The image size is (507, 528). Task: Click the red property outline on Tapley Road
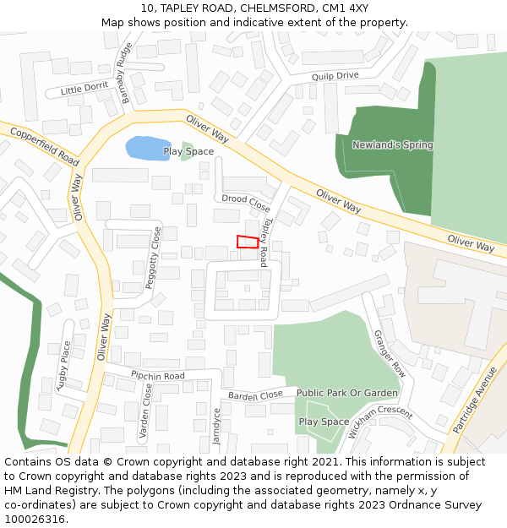pyautogui.click(x=247, y=242)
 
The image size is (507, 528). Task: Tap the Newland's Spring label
pyautogui.click(x=392, y=145)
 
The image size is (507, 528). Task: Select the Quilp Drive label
pyautogui.click(x=335, y=76)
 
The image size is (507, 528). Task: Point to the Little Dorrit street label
pyautogui.click(x=84, y=88)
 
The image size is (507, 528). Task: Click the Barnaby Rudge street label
pyautogui.click(x=127, y=73)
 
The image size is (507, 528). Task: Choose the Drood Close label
pyautogui.click(x=246, y=203)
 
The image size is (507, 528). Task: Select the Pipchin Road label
pyautogui.click(x=157, y=375)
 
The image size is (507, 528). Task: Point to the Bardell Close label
pyautogui.click(x=255, y=395)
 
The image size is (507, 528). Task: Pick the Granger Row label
pyautogui.click(x=390, y=353)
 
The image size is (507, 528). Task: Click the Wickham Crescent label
pyautogui.click(x=380, y=423)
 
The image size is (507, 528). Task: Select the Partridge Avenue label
pyautogui.click(x=475, y=400)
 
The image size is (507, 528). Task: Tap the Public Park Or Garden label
pyautogui.click(x=346, y=394)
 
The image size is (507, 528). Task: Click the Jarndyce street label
pyautogui.click(x=216, y=426)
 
